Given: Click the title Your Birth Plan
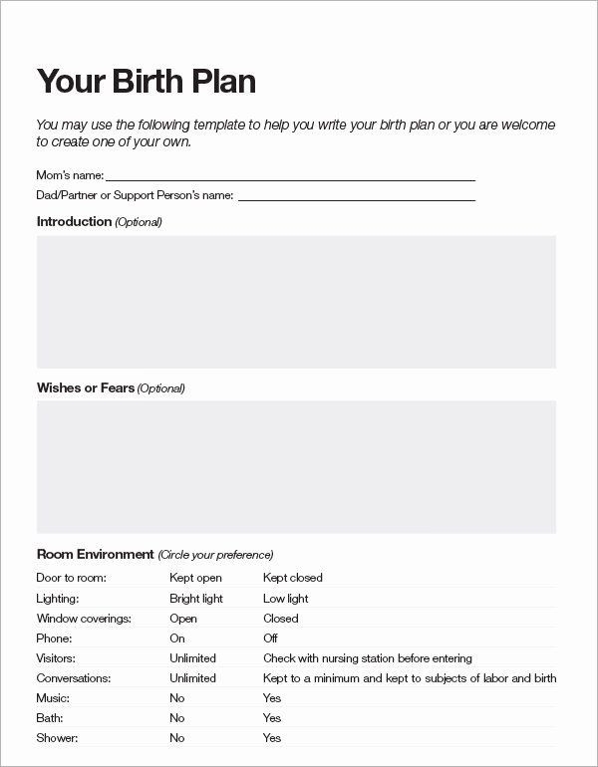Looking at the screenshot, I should click(146, 82).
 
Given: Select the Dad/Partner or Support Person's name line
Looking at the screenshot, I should click(356, 196).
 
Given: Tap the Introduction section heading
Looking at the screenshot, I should click(74, 221).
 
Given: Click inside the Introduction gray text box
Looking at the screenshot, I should click(296, 302).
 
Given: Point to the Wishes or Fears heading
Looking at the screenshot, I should click(86, 387).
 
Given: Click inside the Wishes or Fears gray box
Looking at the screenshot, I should click(296, 466).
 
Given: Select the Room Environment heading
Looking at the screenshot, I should click(95, 554).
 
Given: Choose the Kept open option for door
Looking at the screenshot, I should click(195, 578).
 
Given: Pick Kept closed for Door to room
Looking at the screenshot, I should click(292, 578).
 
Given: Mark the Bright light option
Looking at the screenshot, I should click(196, 599).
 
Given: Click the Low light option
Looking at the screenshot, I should click(285, 599).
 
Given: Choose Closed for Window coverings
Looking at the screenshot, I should click(280, 619).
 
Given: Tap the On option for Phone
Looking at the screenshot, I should click(177, 639).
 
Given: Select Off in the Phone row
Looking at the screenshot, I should click(270, 639).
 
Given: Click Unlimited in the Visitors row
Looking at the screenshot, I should click(192, 658).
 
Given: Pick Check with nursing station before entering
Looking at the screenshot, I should click(367, 658).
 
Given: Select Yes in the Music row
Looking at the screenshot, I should click(272, 698).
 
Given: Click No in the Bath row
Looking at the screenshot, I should click(176, 718).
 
